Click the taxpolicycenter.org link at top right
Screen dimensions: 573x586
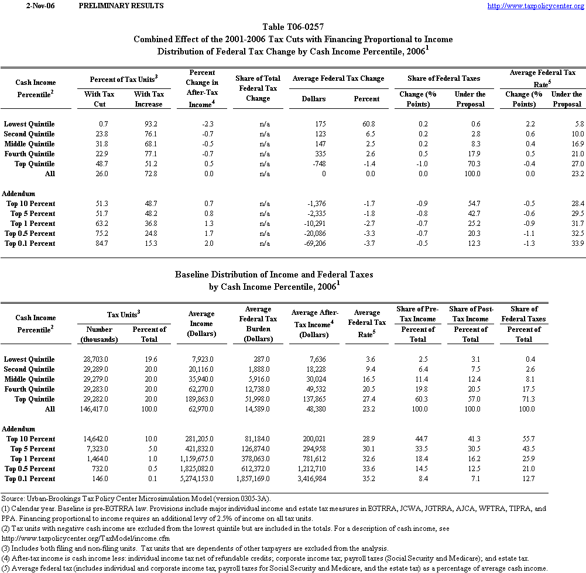[x=536, y=6]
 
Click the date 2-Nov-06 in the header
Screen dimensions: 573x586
[x=29, y=6]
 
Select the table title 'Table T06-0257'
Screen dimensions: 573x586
[x=293, y=27]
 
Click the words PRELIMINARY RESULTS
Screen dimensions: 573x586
[x=121, y=6]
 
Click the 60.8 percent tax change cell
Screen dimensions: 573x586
[x=367, y=124]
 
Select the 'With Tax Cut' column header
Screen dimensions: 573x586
[x=100, y=99]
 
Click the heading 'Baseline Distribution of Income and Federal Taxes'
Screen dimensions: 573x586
[x=275, y=274]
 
